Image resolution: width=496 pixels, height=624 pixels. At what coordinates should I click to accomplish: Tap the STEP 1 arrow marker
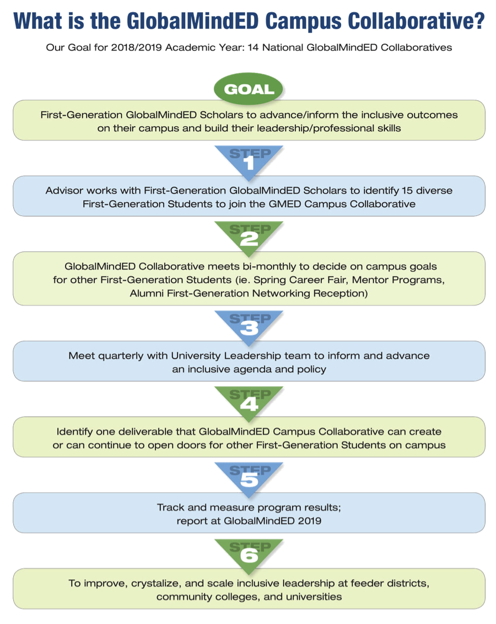click(x=249, y=160)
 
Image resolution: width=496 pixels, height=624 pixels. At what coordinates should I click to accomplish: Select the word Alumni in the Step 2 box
click(x=145, y=293)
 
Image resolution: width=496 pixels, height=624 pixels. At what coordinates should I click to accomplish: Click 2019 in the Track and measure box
click(x=310, y=520)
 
